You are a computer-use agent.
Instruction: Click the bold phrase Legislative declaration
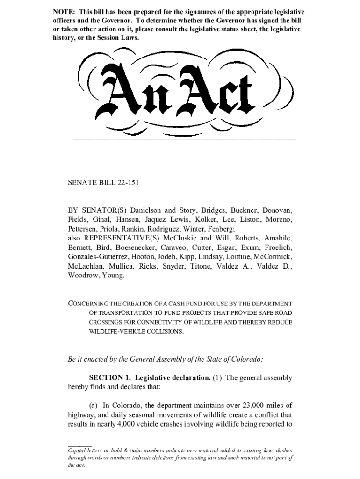[171, 378]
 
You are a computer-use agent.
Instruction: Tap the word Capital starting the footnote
[78, 450]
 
